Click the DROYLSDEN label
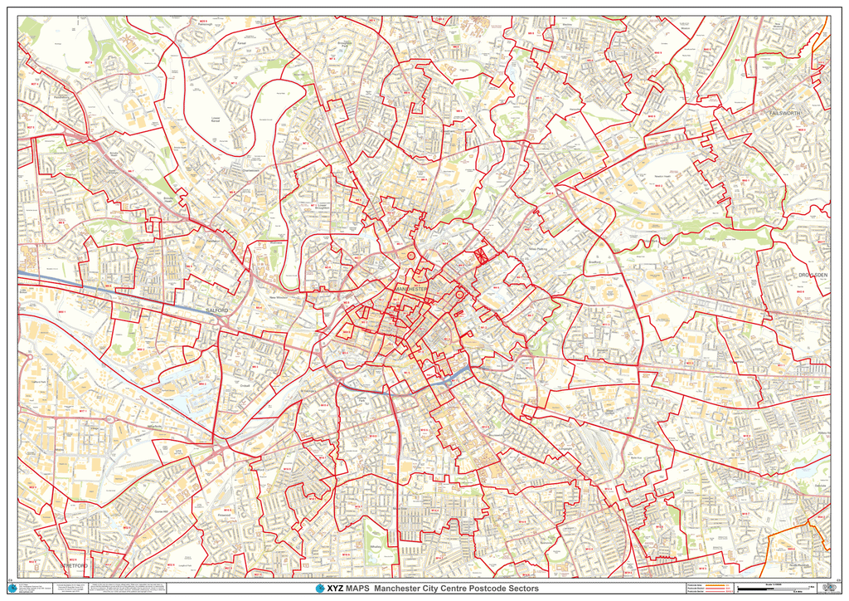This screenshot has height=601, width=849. point(813,275)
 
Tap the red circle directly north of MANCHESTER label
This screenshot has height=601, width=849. point(411,257)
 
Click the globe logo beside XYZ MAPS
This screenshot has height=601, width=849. point(320,589)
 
